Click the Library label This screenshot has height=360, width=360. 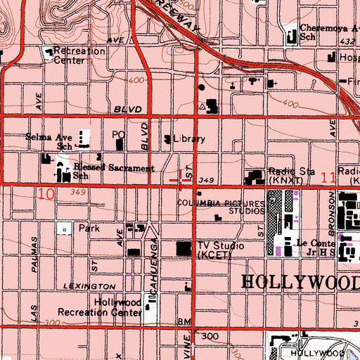[x=190, y=139]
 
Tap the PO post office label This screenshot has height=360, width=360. [x=118, y=134]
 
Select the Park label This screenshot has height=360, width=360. [x=88, y=229]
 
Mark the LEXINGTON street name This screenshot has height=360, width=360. [x=88, y=287]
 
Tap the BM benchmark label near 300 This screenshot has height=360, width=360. [x=185, y=321]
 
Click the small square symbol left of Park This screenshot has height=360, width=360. [x=65, y=229]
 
